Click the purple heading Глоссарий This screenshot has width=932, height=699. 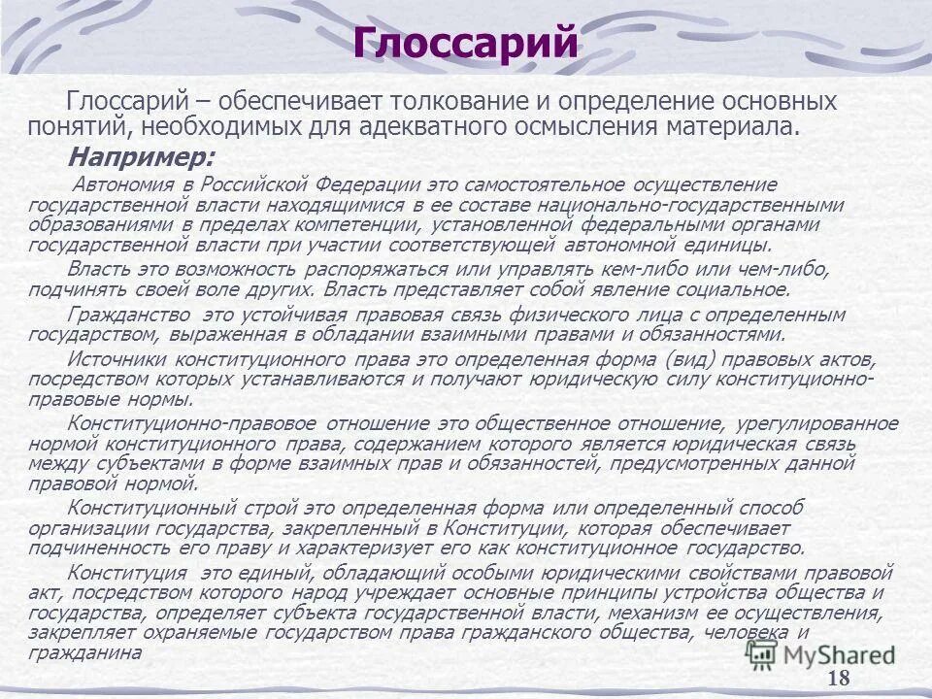point(466,44)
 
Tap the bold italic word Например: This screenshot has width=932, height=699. point(141,157)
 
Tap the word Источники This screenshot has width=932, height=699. point(110,358)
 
